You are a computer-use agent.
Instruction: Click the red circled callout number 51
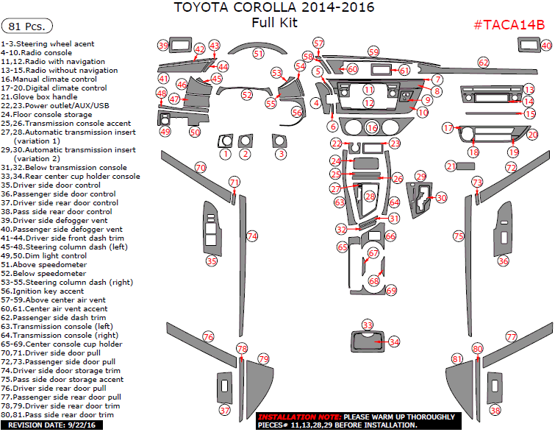(x=258, y=54)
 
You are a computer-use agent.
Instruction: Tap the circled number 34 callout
(x=394, y=342)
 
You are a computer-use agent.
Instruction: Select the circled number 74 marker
(x=252, y=236)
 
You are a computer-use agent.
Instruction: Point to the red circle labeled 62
(x=484, y=63)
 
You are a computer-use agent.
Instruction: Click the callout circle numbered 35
(x=212, y=261)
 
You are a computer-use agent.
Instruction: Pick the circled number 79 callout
(x=263, y=359)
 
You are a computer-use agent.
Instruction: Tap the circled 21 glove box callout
(x=450, y=167)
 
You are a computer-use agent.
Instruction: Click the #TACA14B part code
(x=509, y=25)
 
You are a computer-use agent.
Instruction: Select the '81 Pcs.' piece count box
(x=28, y=26)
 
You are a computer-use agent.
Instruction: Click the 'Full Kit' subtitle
(x=273, y=23)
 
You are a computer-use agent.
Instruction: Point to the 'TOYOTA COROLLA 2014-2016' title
(x=273, y=8)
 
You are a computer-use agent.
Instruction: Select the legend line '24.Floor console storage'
(x=46, y=115)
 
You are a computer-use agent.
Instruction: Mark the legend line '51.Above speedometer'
(x=44, y=265)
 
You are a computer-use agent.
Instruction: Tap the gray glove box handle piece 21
(x=465, y=166)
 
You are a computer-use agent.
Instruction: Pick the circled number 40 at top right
(x=546, y=46)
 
